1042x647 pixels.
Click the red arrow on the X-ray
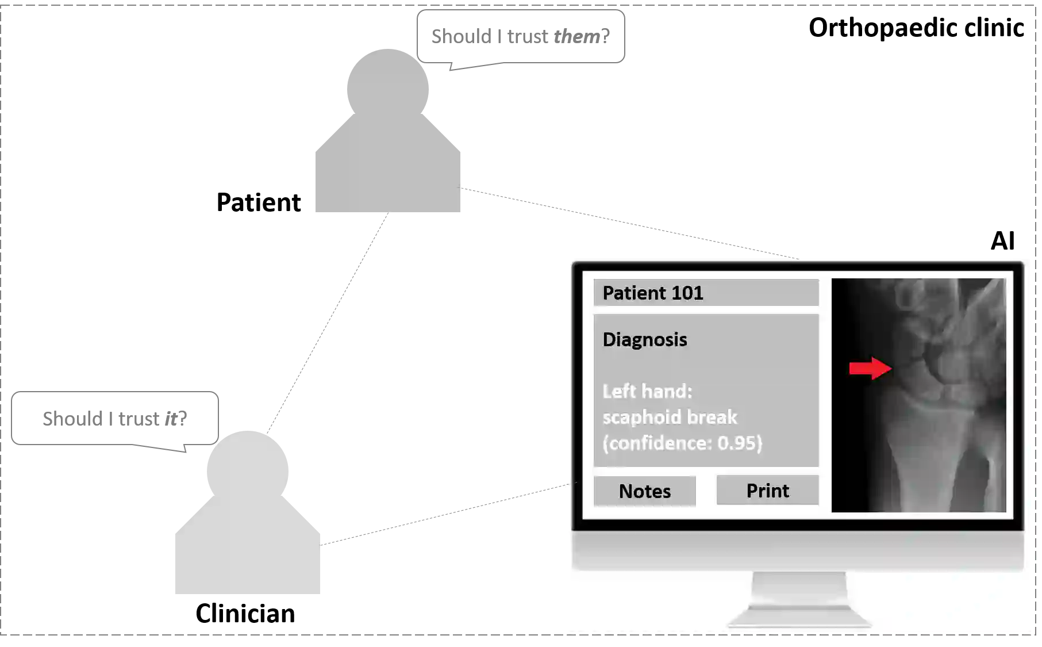(870, 368)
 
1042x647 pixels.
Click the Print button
(767, 491)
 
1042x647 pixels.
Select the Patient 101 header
(706, 293)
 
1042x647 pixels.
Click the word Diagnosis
(644, 339)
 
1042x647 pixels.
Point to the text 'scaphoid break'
(670, 417)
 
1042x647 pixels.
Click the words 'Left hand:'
(647, 391)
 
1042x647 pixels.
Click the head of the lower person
(248, 463)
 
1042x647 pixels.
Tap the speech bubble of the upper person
(520, 37)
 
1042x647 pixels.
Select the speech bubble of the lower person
(115, 419)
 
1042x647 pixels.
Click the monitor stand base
(799, 618)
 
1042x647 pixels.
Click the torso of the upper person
(388, 173)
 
